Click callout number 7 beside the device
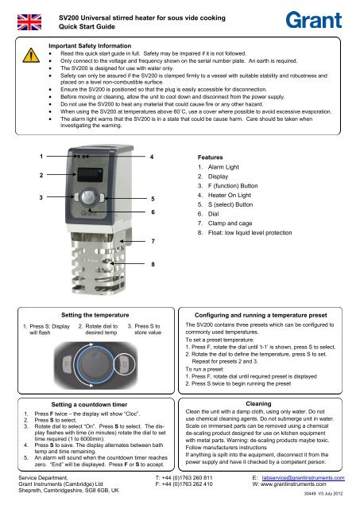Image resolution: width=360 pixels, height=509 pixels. point(152,239)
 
